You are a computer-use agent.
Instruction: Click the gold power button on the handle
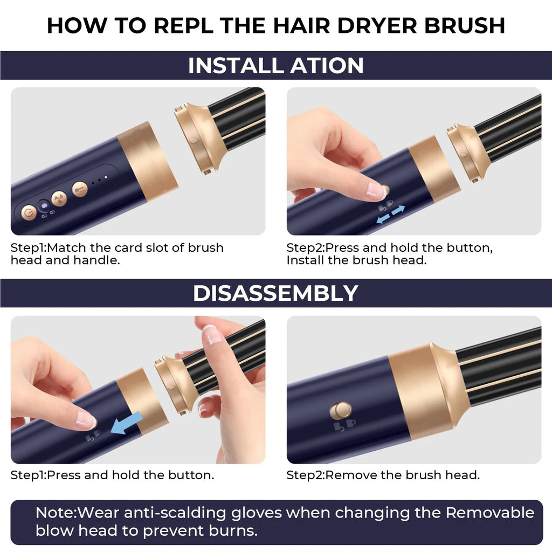[x=29, y=213]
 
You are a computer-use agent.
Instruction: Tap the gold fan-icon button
[x=59, y=198]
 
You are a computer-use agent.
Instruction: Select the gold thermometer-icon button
[x=80, y=188]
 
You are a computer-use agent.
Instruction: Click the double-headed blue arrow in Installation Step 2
[x=390, y=214]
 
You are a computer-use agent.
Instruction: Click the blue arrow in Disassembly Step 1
[x=126, y=423]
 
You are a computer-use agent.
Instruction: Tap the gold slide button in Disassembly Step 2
[x=340, y=411]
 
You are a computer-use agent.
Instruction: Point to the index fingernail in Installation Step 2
[x=376, y=189]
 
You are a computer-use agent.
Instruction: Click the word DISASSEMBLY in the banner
[x=275, y=293]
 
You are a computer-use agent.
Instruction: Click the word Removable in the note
[x=489, y=512]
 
